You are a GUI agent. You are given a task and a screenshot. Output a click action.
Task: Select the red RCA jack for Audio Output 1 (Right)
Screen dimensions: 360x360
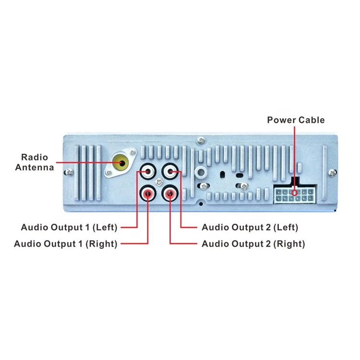pos(148,193)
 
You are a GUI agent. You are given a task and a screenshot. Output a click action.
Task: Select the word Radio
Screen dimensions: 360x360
pos(34,157)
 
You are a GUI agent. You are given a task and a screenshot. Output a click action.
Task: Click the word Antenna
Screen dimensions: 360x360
pos(34,168)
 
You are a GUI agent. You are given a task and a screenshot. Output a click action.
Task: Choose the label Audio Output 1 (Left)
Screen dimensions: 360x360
pos(69,227)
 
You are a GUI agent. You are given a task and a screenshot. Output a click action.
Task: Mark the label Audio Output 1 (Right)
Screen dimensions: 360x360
pos(66,244)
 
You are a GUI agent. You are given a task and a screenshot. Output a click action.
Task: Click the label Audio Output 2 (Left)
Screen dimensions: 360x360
pos(250,227)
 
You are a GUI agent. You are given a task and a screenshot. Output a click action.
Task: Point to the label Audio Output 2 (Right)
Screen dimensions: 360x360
pos(253,244)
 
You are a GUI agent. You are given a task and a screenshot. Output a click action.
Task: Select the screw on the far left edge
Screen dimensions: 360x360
pos(70,171)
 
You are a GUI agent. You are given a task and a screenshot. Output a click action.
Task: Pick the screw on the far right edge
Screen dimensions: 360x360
pos(330,172)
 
